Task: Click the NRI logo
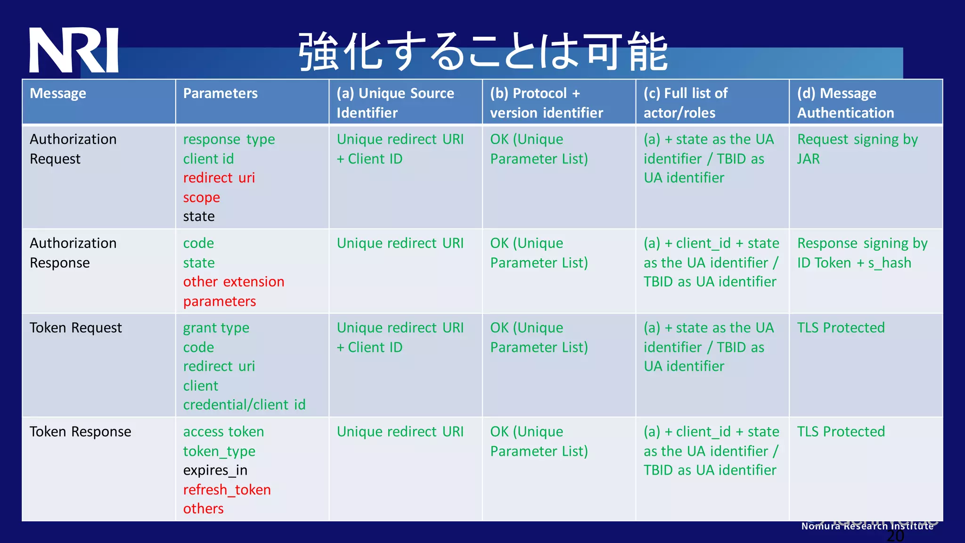coord(74,50)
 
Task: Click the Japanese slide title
coord(482,52)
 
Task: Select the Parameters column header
coord(220,93)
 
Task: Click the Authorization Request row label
coord(73,149)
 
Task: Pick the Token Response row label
coord(80,432)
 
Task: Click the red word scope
coord(201,197)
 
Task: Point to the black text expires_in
coord(215,470)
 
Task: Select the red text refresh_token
coord(227,490)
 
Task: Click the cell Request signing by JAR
coord(857,149)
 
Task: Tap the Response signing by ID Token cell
coord(862,253)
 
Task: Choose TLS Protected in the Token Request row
coord(841,328)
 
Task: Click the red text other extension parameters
coord(233,291)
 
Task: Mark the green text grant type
coord(216,328)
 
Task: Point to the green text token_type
coord(219,452)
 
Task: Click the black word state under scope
coord(198,216)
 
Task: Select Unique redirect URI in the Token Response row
coord(400,432)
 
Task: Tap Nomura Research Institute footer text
coord(867,526)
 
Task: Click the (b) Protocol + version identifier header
coord(546,103)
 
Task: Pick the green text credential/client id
coord(244,405)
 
